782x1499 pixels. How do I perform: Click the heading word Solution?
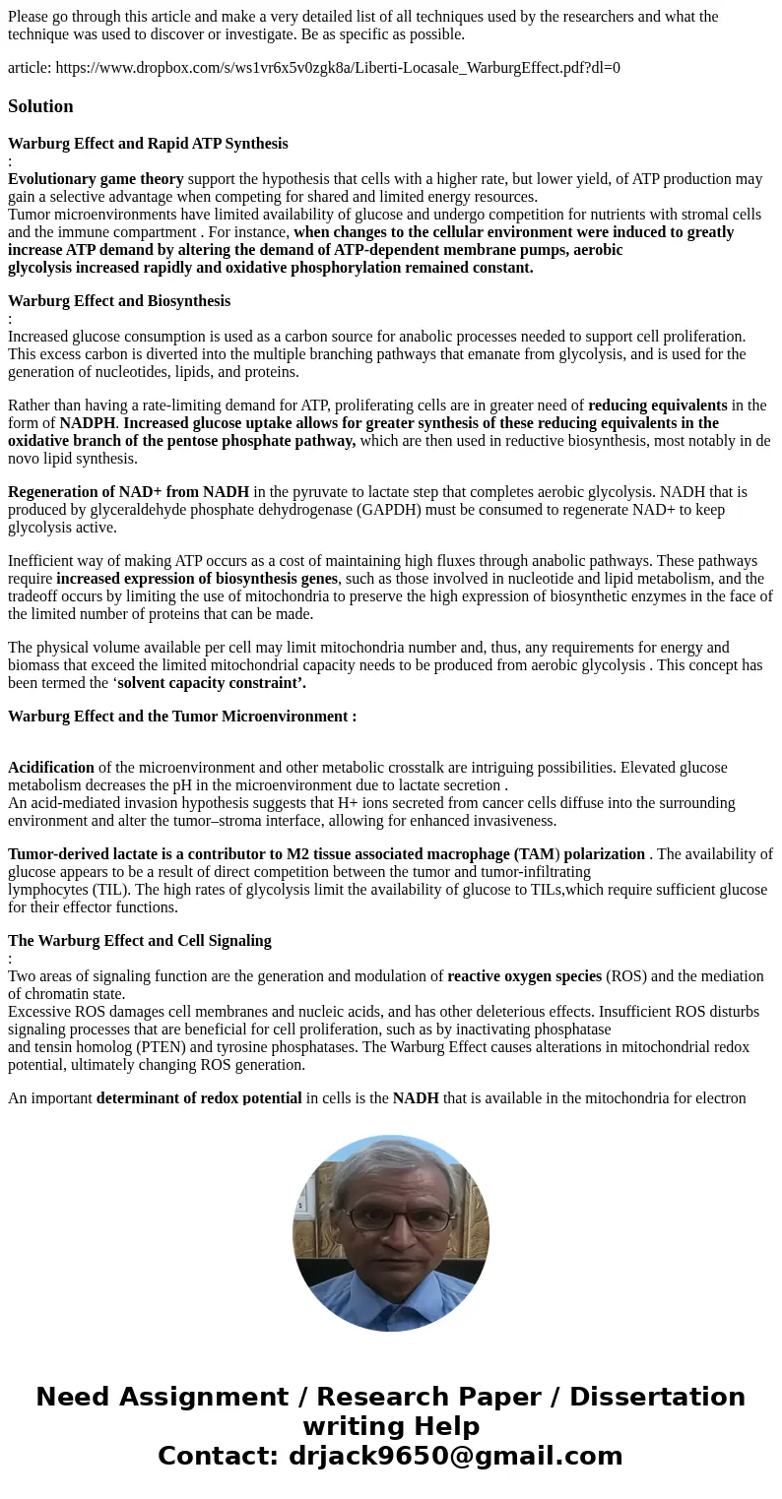(40, 106)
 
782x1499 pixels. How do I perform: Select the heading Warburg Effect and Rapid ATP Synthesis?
(148, 144)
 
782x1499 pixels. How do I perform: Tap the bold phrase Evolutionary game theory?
(96, 179)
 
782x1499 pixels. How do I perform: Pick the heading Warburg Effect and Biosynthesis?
(119, 301)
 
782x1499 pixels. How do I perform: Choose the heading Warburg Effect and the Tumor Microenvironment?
(182, 717)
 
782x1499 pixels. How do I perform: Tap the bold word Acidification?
(51, 768)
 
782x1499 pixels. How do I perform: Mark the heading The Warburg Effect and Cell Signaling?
(139, 941)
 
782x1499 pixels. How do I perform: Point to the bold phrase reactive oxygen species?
(524, 976)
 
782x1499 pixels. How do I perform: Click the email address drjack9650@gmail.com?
(455, 1457)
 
